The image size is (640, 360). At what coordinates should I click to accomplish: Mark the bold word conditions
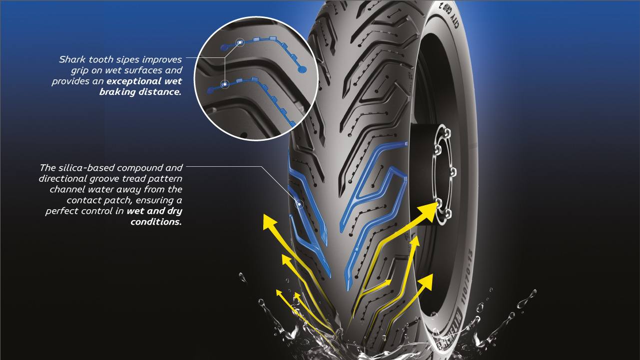click(156, 222)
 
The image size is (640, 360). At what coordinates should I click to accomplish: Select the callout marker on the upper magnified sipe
click(239, 42)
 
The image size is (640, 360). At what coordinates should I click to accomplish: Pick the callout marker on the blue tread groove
click(300, 204)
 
